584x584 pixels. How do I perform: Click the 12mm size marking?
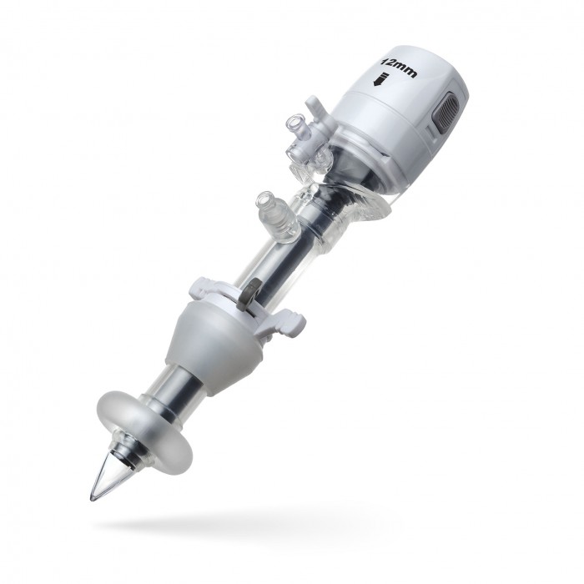398,67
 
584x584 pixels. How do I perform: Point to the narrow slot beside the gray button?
432,133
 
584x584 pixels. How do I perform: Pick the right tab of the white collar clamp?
289,320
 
